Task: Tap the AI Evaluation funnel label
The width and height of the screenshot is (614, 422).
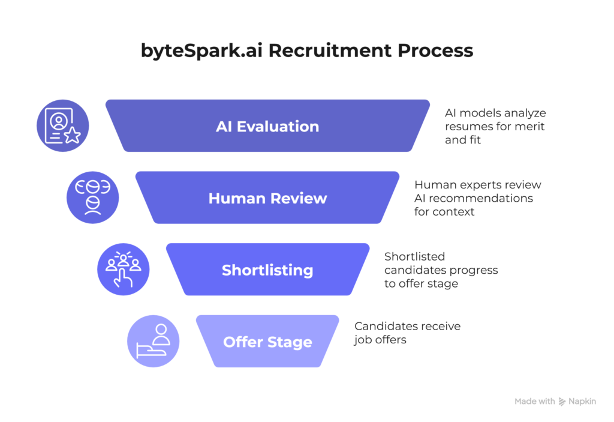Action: coord(267,127)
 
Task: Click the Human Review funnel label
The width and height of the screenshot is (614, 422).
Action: coord(267,198)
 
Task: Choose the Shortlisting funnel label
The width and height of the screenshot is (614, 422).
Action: coord(267,270)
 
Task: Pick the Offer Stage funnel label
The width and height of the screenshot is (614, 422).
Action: coord(267,342)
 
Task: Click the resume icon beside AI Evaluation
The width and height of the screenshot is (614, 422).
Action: coord(63,126)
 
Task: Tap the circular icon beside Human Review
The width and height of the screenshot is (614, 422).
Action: coord(92,197)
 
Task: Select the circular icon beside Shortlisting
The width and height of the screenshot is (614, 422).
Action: coord(124,270)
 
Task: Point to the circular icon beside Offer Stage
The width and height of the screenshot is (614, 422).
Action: coord(153,342)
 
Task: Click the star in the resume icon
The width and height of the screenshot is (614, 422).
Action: coord(73,135)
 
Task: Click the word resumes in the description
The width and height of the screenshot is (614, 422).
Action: coord(465,127)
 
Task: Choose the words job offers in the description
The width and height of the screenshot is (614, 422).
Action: coord(380,340)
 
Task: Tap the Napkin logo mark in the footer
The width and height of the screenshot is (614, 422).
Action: coord(562,402)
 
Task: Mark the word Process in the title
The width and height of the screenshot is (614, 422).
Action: coord(435,50)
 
